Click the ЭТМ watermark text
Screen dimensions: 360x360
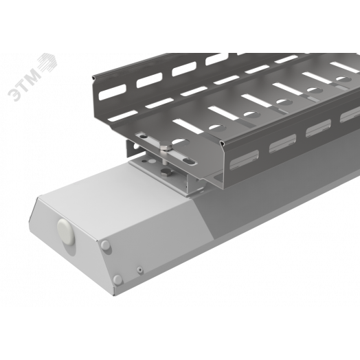click(23, 85)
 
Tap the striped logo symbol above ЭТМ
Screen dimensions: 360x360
click(48, 63)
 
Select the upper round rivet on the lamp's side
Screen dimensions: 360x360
click(106, 245)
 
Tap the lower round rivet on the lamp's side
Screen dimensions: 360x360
click(117, 279)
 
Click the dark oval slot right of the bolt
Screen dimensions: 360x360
click(190, 161)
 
